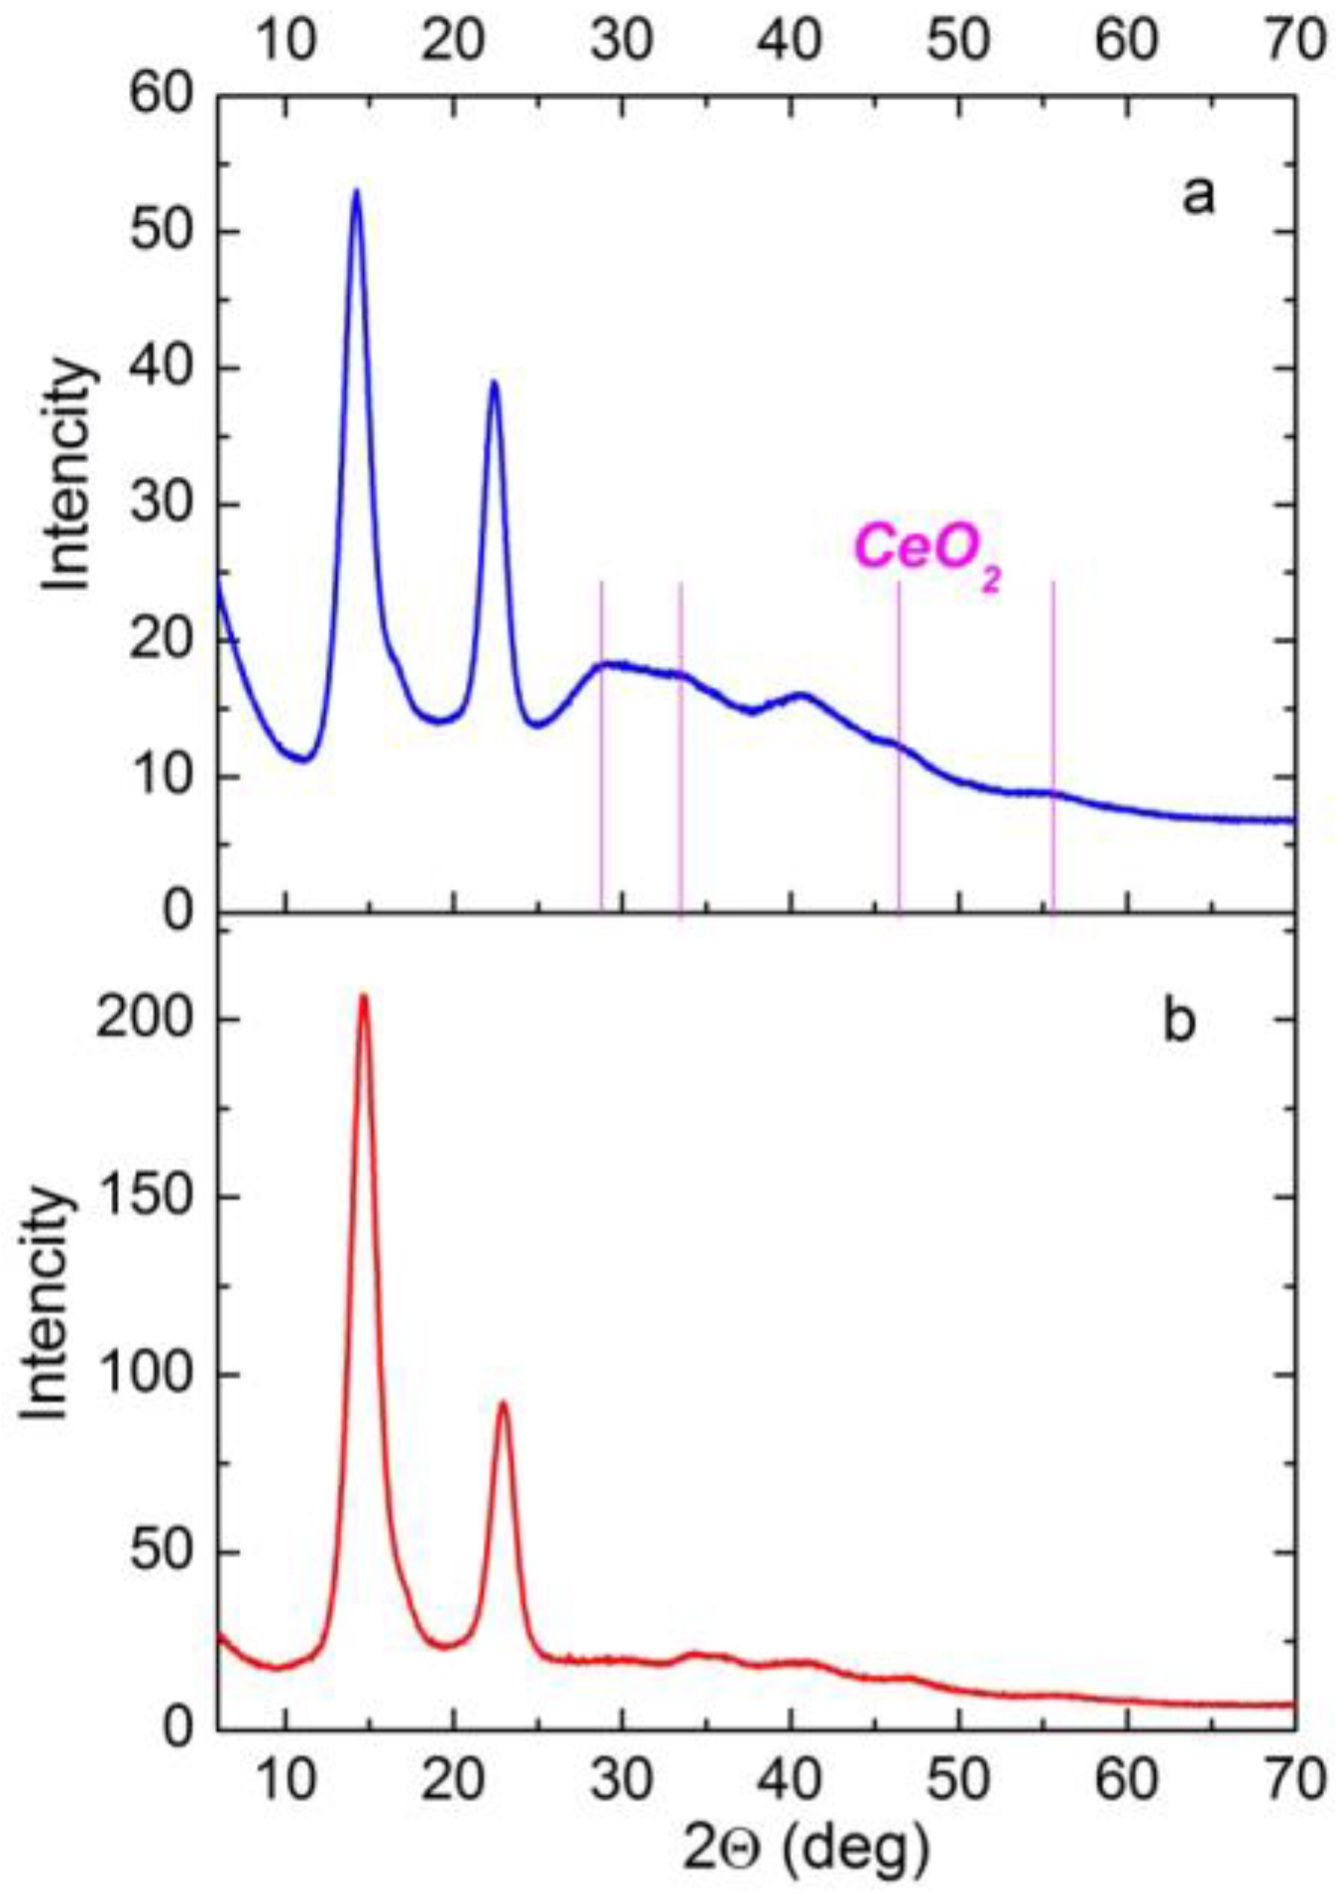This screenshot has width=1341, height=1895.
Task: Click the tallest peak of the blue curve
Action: [x=356, y=191]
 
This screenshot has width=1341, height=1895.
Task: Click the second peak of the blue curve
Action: [x=494, y=383]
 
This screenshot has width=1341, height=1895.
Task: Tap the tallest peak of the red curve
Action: [x=364, y=996]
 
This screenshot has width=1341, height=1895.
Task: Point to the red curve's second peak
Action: [x=503, y=1403]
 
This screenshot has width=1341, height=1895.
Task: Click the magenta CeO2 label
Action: [x=927, y=551]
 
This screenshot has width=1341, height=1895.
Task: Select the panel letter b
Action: [x=1178, y=1021]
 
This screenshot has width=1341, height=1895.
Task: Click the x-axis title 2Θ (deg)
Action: [x=807, y=1845]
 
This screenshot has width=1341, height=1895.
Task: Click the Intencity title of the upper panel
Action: [x=69, y=476]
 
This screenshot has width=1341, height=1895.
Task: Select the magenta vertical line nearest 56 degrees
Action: [x=1053, y=743]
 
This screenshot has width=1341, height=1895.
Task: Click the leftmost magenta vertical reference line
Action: [x=601, y=743]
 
